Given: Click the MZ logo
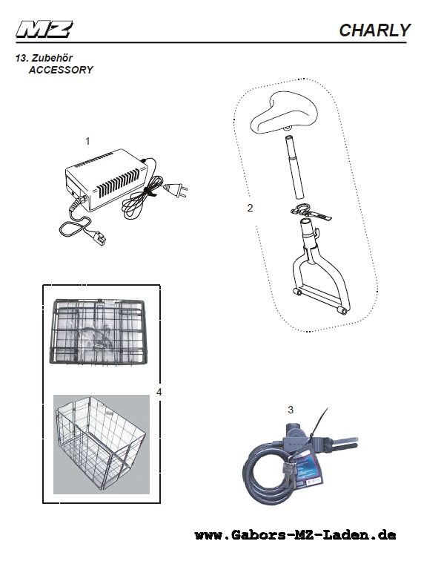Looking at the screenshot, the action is [x=44, y=30].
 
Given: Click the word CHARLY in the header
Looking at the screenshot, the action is [x=375, y=30].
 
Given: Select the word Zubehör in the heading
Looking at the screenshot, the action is [x=53, y=58].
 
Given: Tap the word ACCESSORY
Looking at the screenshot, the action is [x=61, y=70].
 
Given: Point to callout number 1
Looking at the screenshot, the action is [x=87, y=142].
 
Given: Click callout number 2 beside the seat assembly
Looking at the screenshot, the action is [x=250, y=208].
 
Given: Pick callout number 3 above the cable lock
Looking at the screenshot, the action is [x=291, y=410].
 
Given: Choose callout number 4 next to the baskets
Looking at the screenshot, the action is [x=159, y=392].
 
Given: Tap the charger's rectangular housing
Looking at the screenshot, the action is [x=107, y=179].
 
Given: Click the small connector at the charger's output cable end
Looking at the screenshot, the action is [x=99, y=239].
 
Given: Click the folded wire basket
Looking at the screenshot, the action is [x=99, y=331].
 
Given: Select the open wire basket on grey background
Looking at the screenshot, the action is [x=101, y=444].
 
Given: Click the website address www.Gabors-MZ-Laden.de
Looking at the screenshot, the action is [x=295, y=535].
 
